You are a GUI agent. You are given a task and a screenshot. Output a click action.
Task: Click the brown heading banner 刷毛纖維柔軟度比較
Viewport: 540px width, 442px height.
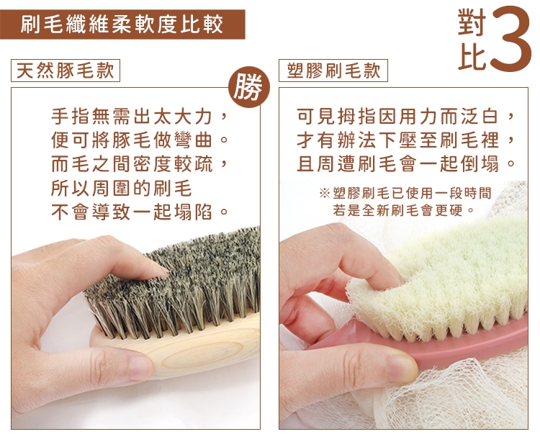[x=122, y=24]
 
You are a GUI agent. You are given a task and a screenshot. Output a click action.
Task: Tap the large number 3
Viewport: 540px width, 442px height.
[x=510, y=39]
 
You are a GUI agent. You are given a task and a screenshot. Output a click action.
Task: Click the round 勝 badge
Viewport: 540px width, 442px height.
[x=249, y=87]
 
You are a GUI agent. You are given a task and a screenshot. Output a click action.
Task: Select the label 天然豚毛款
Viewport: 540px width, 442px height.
[x=66, y=71]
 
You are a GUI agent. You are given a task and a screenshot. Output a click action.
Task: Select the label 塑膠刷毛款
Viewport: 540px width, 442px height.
[x=333, y=71]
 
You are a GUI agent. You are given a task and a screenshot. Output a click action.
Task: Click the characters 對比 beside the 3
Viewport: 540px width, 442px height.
[x=472, y=39]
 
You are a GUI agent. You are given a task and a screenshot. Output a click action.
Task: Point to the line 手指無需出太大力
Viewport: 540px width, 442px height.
[x=140, y=117]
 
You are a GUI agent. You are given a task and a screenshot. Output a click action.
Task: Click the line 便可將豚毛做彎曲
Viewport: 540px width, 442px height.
[x=140, y=140]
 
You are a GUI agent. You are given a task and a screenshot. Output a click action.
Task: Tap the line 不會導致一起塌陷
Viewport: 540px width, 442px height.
[x=140, y=212]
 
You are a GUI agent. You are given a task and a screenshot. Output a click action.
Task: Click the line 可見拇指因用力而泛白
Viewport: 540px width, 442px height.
[x=405, y=117]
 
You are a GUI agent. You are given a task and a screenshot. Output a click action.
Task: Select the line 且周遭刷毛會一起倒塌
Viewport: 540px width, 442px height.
[x=405, y=164]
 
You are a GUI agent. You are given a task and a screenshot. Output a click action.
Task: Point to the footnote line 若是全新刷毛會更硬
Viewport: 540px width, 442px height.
[x=403, y=209]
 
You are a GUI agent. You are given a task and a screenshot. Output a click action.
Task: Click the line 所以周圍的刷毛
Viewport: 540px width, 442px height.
[x=121, y=188]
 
